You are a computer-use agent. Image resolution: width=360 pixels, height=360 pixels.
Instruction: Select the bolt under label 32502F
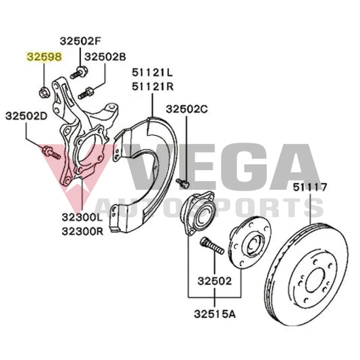point(80,70)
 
